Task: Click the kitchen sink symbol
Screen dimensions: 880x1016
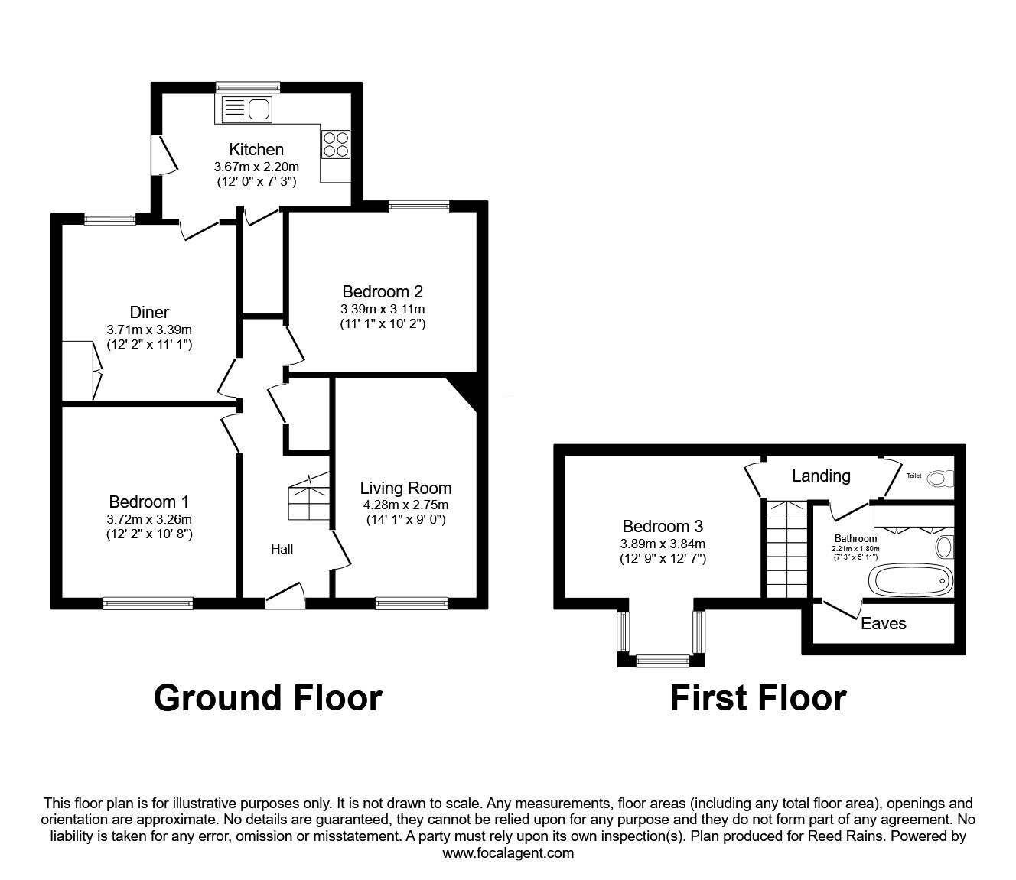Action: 246,110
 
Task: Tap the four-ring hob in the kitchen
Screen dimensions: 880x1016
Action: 335,144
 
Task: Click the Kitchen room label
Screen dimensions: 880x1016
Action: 256,149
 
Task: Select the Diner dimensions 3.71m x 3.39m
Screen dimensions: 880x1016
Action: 149,330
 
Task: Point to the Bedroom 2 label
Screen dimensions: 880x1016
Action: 383,291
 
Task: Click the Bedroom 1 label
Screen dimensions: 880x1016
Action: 149,502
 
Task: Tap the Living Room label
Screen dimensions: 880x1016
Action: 405,488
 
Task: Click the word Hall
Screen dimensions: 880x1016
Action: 282,549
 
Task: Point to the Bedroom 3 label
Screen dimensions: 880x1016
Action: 663,526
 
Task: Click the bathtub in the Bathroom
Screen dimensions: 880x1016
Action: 910,580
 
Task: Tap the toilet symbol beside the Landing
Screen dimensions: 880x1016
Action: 939,479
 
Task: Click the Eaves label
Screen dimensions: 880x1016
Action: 883,624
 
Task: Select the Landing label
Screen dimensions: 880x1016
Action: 821,476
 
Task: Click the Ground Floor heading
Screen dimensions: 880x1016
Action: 268,698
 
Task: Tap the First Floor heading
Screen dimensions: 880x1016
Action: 757,698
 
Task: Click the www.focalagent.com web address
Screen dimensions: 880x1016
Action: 508,853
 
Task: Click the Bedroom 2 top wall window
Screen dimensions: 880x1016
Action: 418,205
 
